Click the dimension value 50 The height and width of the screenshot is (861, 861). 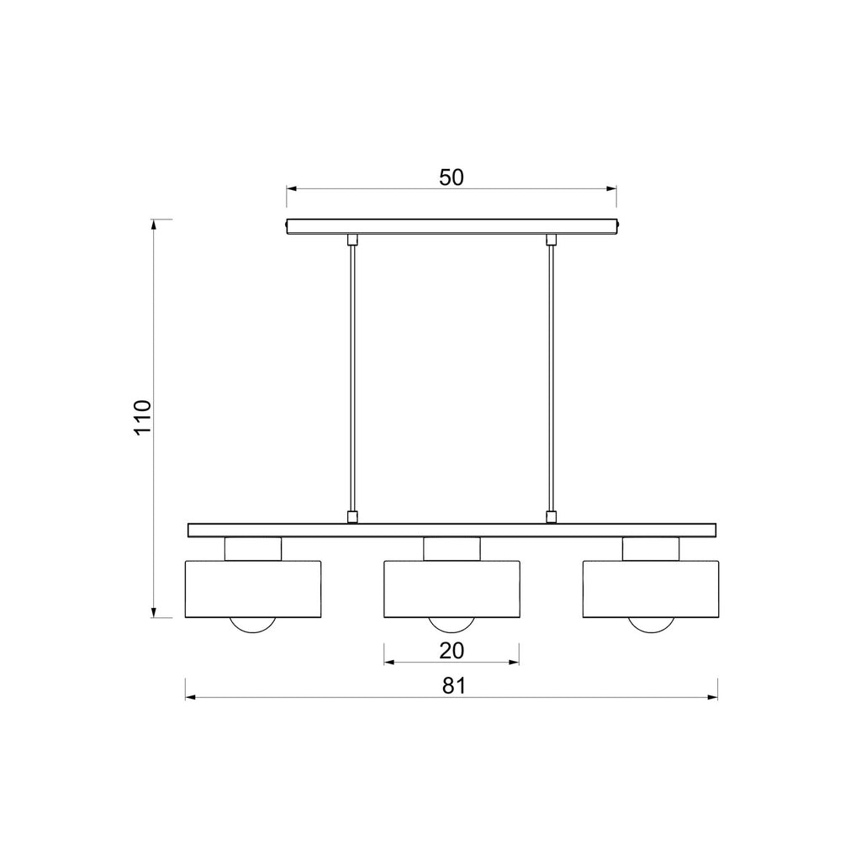[x=452, y=177]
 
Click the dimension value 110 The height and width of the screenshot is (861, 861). [x=142, y=417]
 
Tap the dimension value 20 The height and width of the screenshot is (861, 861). [x=452, y=651]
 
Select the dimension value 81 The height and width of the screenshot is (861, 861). [x=453, y=686]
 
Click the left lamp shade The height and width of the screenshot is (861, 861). [x=252, y=589]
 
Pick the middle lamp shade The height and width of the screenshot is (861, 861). [x=452, y=589]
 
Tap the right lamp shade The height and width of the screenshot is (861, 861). [x=651, y=589]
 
